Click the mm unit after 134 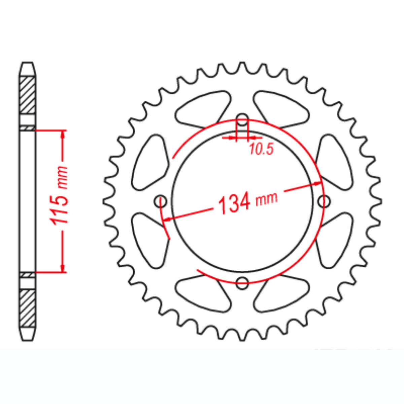267,199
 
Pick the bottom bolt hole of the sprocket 242,283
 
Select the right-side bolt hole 324,201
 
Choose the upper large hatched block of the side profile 27,95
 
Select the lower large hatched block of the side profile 27,307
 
